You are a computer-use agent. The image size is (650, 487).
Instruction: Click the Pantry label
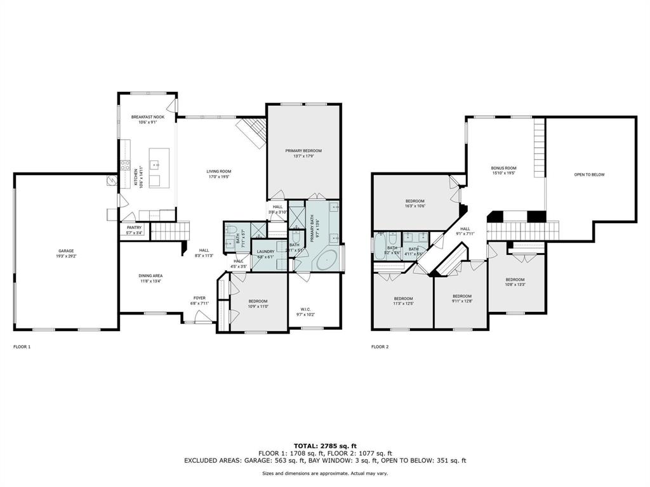pos(134,228)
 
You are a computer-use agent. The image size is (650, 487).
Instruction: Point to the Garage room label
pos(65,251)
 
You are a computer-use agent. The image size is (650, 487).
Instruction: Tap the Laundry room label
pos(265,251)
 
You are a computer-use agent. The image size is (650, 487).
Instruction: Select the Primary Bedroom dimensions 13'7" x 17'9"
pos(303,156)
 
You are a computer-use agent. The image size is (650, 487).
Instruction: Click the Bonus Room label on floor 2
pos(503,168)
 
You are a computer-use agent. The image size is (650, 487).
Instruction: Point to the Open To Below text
pos(589,174)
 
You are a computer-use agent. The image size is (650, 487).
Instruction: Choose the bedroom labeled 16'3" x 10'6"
pos(415,204)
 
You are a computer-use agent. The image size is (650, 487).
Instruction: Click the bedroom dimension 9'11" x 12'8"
pos(461,301)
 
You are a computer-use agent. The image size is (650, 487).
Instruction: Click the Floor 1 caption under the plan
pos(22,347)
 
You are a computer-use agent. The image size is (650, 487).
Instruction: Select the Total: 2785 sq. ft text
pos(325,446)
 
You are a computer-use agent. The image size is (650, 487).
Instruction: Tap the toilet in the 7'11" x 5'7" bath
pos(231,230)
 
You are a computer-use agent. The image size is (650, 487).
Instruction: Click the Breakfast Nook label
pos(148,117)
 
